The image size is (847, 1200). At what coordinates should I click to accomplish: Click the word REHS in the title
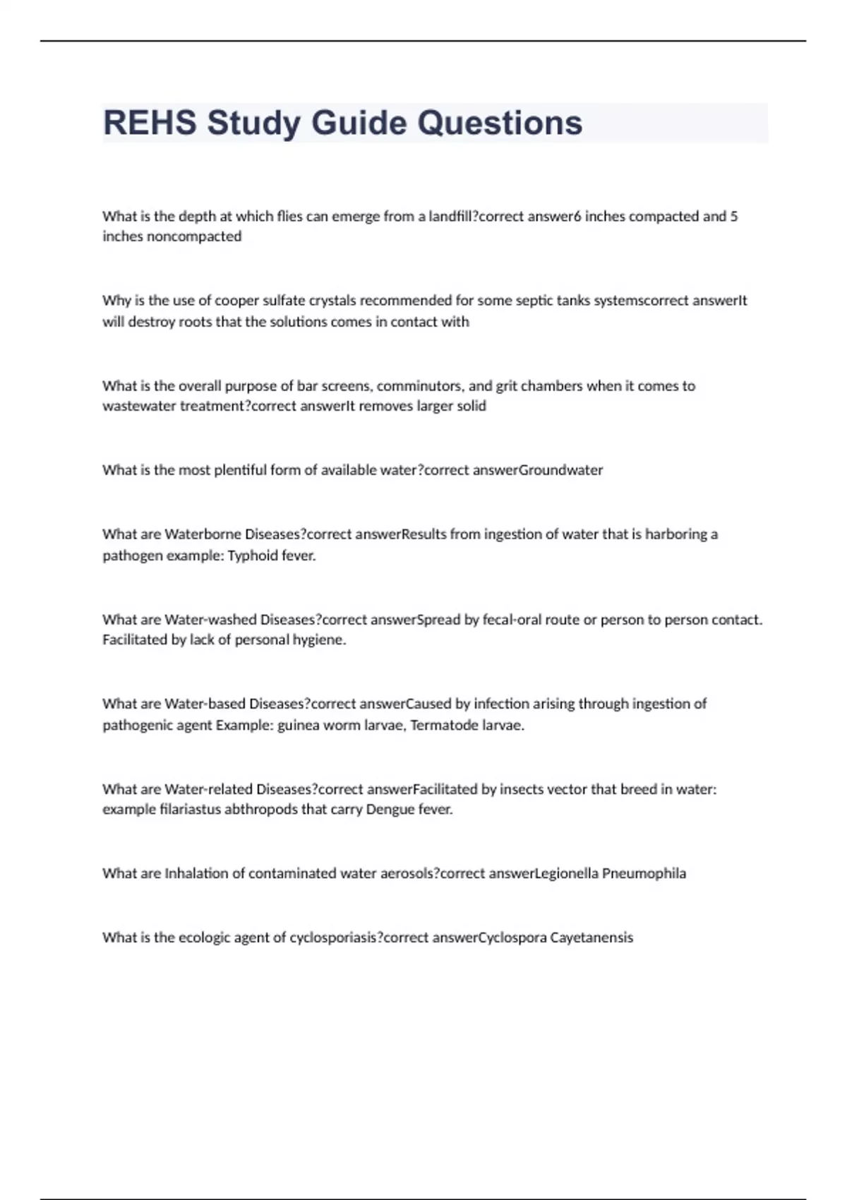click(150, 123)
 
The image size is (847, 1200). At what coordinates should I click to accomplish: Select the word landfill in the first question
click(450, 217)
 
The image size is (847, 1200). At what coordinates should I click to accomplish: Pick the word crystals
click(332, 301)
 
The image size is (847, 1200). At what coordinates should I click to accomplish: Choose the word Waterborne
click(203, 534)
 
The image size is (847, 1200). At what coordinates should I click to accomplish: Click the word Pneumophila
click(644, 874)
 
